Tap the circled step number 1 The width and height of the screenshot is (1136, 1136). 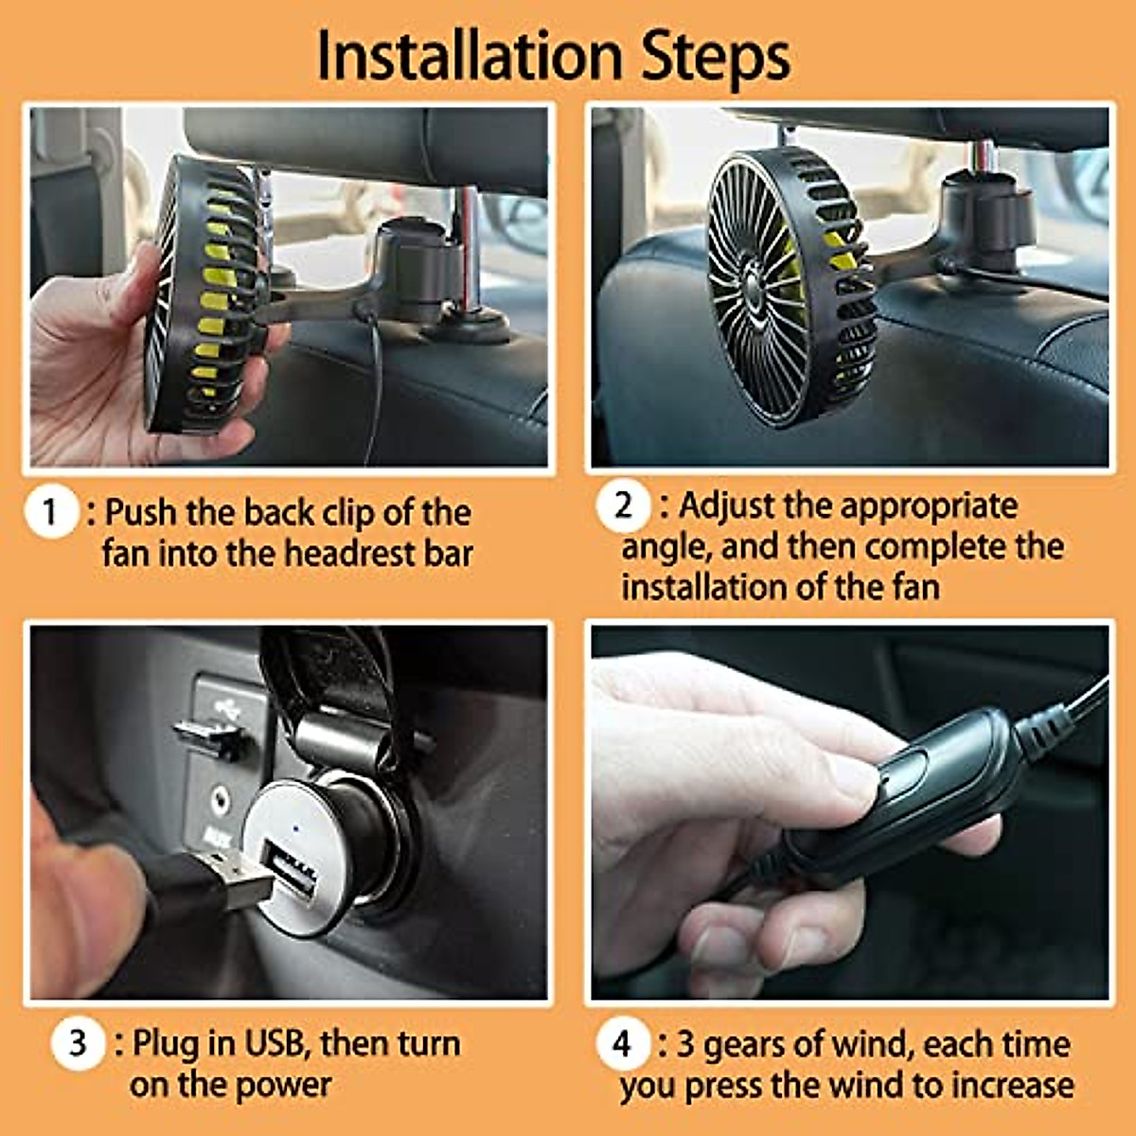(50, 512)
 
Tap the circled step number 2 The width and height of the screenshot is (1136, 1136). (622, 506)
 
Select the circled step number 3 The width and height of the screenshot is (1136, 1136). (77, 1044)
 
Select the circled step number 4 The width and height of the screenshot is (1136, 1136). (622, 1044)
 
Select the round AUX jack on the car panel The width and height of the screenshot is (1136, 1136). (222, 801)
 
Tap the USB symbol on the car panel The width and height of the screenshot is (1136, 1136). (227, 706)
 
